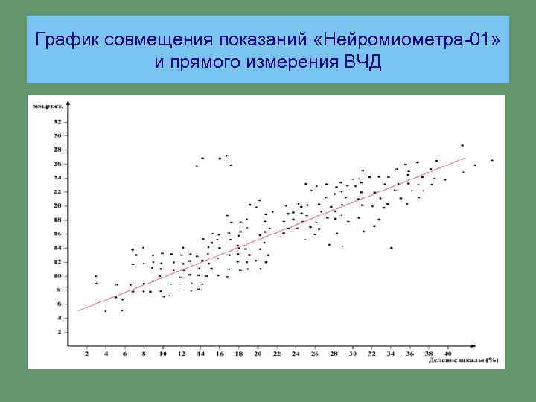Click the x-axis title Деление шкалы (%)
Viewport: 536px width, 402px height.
[463, 361]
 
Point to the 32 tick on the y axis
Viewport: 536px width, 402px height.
[57, 121]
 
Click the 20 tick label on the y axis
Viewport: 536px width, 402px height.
[57, 205]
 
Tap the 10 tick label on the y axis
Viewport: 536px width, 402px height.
[57, 275]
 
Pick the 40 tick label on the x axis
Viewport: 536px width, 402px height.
[447, 354]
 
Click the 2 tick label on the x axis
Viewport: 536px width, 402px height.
[87, 354]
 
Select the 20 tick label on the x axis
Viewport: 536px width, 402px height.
[258, 354]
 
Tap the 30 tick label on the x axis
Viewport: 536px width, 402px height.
[352, 354]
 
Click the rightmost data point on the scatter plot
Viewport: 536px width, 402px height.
[492, 160]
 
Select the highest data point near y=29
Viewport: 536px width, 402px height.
[462, 145]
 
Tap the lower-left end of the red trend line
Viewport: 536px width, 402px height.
[80, 310]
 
